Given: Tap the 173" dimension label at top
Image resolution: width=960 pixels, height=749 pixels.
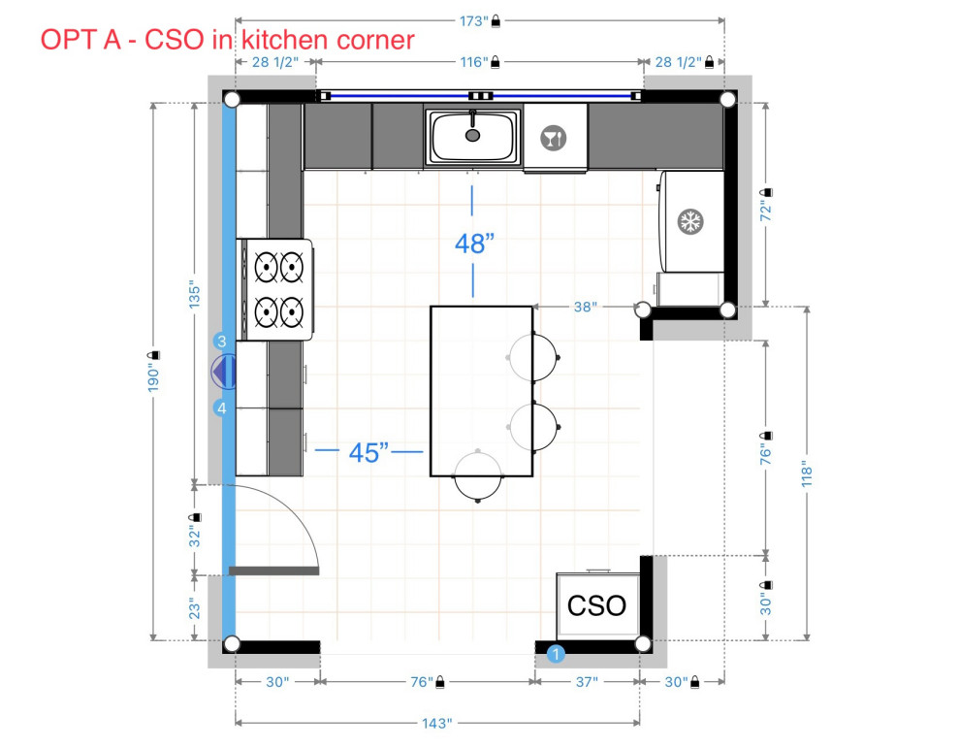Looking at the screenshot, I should point(473,19).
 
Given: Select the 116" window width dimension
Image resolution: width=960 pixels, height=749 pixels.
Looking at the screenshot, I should point(473,62).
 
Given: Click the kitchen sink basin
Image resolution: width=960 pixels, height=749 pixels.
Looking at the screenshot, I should point(473,137).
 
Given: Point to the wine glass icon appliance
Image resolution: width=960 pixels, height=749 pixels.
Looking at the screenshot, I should point(554,138).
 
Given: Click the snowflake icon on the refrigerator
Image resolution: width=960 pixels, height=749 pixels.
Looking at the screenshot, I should point(689,221).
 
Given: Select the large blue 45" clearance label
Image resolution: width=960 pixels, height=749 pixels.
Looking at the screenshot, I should point(369,451).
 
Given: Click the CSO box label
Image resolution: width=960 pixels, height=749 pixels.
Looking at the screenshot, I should point(596,606).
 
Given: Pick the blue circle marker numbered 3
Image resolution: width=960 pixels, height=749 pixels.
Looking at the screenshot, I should point(222,342).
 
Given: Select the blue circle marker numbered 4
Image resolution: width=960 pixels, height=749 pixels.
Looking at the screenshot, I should point(222,408).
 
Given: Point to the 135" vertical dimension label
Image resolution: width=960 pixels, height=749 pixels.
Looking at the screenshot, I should point(194,295).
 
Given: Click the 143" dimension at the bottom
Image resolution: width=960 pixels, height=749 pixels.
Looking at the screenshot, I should point(436,723).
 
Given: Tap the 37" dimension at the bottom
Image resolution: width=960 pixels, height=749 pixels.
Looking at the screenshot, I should point(587,682).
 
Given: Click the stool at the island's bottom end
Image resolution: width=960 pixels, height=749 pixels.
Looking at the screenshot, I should point(479,474).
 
